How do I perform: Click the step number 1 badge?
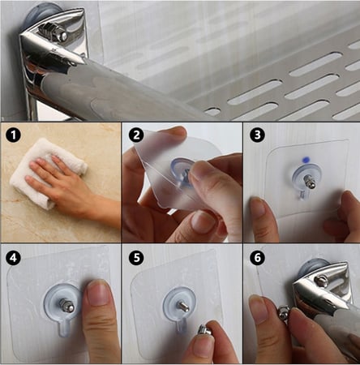13,135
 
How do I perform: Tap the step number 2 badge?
137,135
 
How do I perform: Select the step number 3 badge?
258,135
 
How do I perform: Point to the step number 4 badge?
13,258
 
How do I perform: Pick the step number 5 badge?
137,258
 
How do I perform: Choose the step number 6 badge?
258,258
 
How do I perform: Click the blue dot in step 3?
306,160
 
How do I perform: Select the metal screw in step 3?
310,181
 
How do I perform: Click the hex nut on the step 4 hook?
66,306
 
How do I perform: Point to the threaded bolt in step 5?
182,306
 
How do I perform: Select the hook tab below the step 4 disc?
64,328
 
